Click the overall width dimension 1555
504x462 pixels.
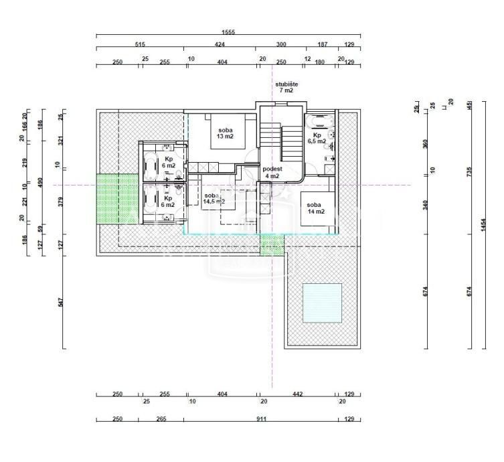228,32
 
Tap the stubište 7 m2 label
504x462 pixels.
286,87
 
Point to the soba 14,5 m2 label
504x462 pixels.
214,198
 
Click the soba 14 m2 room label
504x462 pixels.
315,208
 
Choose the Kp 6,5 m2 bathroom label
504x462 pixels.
317,138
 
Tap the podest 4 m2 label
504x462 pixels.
272,173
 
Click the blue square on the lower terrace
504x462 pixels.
322,302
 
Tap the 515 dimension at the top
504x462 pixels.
140,44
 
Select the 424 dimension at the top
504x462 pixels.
220,44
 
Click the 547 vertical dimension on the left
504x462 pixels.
61,303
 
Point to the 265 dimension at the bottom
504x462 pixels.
161,418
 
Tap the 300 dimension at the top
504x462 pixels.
281,44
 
